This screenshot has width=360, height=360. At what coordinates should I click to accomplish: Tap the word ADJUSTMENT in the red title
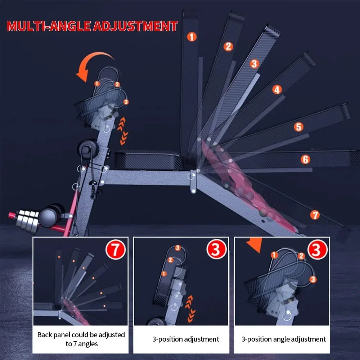[x=135, y=26]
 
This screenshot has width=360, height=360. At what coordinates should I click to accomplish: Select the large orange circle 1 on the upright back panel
[x=192, y=37]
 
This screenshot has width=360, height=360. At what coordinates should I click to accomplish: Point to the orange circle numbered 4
[x=277, y=90]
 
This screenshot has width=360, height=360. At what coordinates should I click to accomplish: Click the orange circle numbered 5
[x=298, y=127]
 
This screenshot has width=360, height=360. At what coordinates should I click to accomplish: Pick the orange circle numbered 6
[x=305, y=159]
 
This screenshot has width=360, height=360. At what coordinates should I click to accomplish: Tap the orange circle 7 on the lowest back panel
[x=315, y=215]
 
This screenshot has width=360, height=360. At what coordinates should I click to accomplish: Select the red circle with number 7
[x=116, y=249]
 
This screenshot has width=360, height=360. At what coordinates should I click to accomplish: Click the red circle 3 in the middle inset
[x=216, y=249]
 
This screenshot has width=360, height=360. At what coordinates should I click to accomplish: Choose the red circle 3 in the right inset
[x=317, y=249]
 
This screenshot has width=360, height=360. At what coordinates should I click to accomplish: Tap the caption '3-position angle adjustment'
[x=284, y=339]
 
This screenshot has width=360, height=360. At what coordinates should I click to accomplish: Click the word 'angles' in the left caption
[x=88, y=344]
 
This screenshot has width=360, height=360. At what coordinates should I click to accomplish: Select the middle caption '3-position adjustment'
[x=185, y=339]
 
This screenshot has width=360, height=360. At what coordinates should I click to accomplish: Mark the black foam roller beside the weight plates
[x=51, y=215]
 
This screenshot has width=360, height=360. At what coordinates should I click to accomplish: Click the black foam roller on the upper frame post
[x=87, y=149]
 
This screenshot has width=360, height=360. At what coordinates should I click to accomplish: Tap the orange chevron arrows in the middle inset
[x=190, y=309]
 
